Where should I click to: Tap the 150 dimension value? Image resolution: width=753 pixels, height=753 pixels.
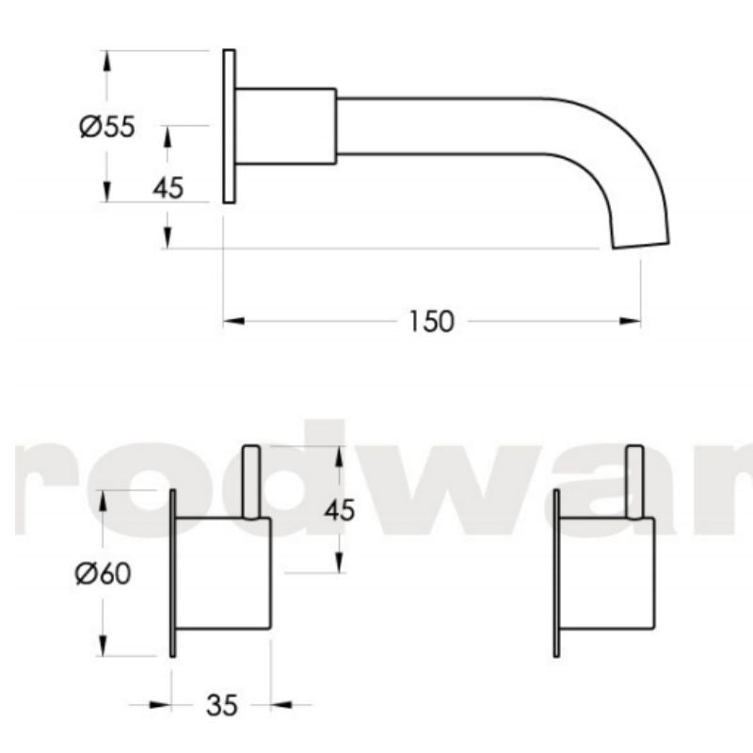coord(432,321)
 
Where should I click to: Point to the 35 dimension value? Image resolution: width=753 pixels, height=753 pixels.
coord(221,704)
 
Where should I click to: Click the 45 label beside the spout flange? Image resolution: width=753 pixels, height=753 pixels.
coord(168,188)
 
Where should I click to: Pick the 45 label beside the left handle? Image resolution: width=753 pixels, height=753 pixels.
coord(339,510)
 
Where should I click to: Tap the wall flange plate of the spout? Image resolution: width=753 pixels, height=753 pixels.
coord(229,125)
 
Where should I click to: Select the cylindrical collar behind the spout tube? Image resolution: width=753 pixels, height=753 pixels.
coord(285,126)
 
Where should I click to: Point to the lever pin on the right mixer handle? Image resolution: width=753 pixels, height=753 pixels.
coord(636,480)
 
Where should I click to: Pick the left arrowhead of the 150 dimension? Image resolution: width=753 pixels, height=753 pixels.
coord(232,322)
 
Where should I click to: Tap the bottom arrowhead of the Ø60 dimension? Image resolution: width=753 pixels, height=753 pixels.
coord(104,648)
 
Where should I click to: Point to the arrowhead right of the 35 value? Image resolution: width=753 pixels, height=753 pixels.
coord(280,703)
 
